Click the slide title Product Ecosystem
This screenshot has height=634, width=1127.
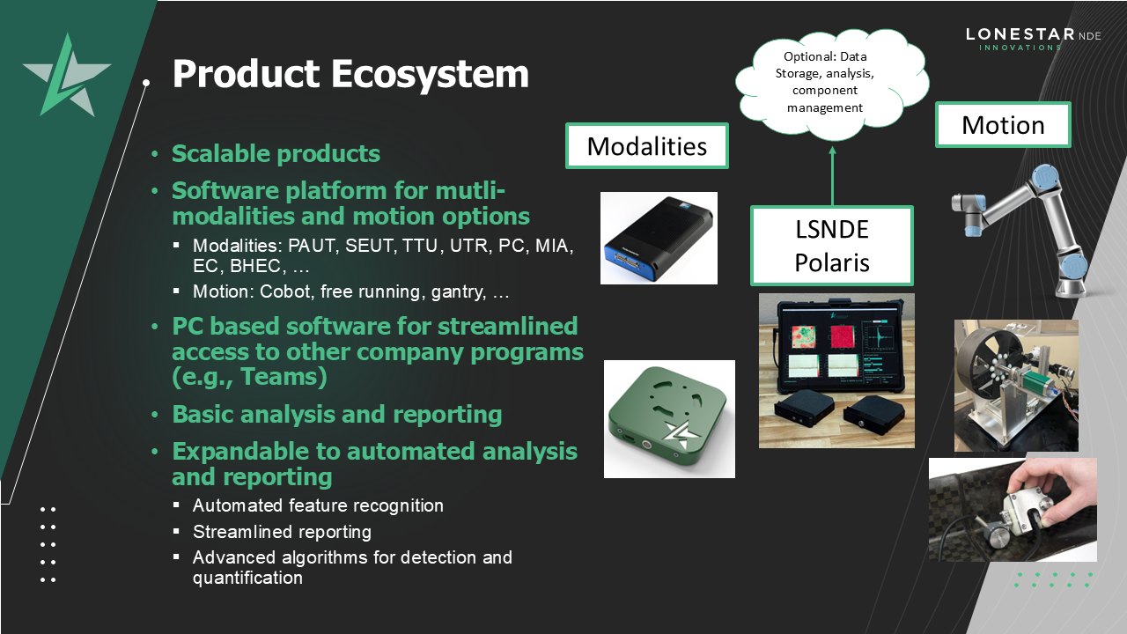click(x=350, y=74)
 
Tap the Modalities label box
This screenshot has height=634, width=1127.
click(x=646, y=146)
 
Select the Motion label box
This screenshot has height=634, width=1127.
click(x=1002, y=125)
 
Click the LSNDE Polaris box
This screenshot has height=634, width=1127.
click(x=831, y=246)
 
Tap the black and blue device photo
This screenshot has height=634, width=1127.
click(x=659, y=238)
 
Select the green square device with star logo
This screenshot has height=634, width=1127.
click(x=669, y=419)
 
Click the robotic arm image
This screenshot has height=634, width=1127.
click(x=1021, y=229)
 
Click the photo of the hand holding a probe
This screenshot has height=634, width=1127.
click(x=1013, y=509)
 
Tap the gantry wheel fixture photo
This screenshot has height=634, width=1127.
click(x=1016, y=386)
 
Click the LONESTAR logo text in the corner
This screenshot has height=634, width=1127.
click(x=1020, y=35)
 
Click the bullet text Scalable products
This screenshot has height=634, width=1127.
click(x=276, y=154)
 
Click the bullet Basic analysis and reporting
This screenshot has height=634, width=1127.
click(x=336, y=415)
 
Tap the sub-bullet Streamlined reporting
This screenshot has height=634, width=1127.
click(x=282, y=532)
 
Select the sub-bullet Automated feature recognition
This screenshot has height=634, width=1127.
click(x=318, y=505)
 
